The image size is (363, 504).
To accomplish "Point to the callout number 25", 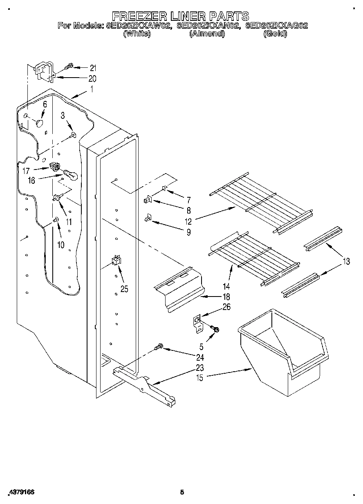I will (x=124, y=289).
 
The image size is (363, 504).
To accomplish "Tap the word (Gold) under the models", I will (x=275, y=34).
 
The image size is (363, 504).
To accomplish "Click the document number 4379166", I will (x=21, y=492).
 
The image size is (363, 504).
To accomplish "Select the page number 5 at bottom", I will (x=182, y=492).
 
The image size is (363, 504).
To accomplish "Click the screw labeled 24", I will (x=158, y=347).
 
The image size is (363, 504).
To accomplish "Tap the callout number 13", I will (x=346, y=262).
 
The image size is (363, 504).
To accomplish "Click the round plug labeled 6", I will (x=40, y=123).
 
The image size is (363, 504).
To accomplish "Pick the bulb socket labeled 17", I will (x=54, y=166).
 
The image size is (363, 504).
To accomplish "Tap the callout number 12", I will (x=188, y=222).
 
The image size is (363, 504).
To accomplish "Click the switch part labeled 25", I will (x=117, y=261).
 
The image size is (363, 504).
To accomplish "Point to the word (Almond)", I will (x=207, y=34).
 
